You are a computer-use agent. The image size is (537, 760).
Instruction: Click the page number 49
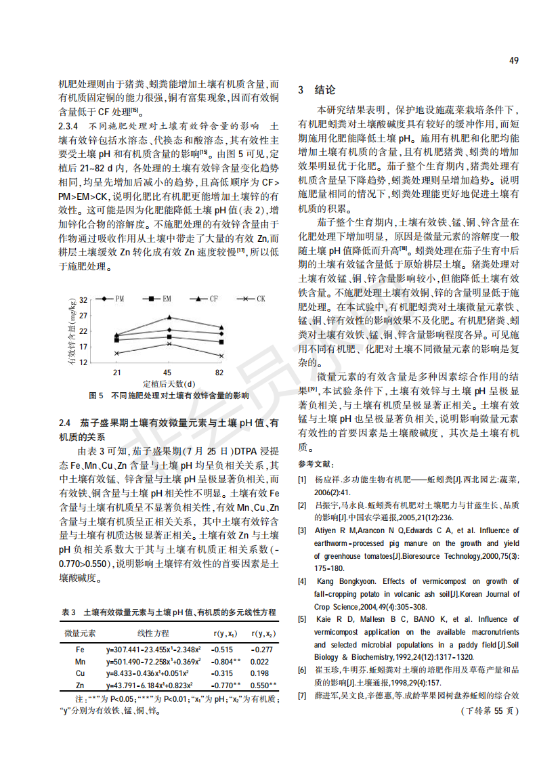tap(513, 60)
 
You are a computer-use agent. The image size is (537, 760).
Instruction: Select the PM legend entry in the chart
tap(112, 298)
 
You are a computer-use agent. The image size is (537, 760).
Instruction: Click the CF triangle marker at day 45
tap(169, 317)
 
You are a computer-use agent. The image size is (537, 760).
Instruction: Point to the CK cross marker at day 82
tap(221, 355)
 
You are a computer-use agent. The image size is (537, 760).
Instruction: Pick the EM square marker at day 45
tap(169, 337)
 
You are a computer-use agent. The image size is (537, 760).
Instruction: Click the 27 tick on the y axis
tap(83, 315)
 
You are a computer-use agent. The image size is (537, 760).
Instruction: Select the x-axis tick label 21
tap(116, 373)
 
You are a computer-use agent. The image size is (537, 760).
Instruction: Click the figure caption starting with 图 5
tap(169, 395)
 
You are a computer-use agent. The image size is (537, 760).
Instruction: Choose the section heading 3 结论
tap(316, 90)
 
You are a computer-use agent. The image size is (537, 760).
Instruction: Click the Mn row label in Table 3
tap(80, 660)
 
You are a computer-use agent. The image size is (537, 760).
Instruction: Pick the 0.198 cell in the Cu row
tap(259, 673)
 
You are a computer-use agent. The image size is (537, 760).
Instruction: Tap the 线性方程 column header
tap(153, 633)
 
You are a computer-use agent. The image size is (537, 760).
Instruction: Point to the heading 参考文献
tap(316, 464)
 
